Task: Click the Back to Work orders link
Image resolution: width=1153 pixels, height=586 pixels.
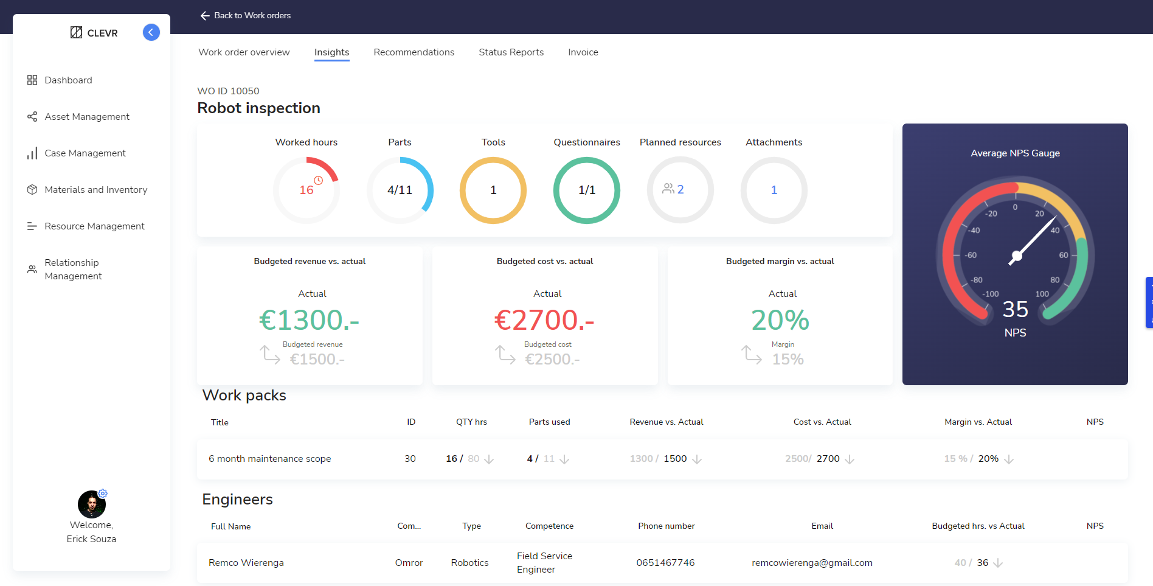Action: tap(246, 16)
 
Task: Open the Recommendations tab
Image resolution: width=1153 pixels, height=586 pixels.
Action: tap(414, 52)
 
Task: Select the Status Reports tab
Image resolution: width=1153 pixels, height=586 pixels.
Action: tap(511, 52)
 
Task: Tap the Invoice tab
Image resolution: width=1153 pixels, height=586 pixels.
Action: tap(583, 52)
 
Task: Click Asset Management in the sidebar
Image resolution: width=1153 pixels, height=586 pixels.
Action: tap(86, 117)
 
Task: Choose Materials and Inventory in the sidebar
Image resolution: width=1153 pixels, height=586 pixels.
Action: tap(95, 190)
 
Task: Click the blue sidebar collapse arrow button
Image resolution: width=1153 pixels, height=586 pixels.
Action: tap(151, 32)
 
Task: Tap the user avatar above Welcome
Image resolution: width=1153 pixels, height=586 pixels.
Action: tap(91, 504)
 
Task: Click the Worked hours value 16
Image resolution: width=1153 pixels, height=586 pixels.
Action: tap(306, 190)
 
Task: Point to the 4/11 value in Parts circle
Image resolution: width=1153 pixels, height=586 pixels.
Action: tap(400, 190)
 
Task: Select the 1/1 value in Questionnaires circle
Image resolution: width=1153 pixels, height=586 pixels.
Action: tap(587, 190)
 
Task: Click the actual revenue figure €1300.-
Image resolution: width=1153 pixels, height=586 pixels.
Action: tap(310, 320)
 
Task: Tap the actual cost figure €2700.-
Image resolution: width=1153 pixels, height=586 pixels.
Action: tap(544, 320)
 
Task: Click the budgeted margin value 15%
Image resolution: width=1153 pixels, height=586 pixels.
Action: tap(788, 360)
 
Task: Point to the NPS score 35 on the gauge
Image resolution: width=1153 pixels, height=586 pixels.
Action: tap(1015, 310)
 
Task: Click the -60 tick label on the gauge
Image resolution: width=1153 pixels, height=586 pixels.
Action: tap(971, 256)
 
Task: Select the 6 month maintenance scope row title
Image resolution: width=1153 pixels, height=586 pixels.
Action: tap(269, 459)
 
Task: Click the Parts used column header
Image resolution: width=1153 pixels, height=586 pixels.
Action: tap(549, 422)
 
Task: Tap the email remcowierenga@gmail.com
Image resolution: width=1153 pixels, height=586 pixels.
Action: tap(812, 563)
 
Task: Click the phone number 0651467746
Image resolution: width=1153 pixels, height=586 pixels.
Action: tap(665, 563)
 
